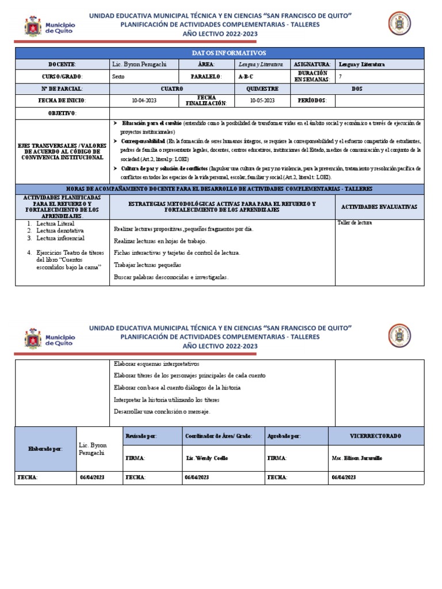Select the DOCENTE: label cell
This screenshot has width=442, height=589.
[x=62, y=64]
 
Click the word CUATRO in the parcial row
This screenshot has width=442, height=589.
[x=172, y=89]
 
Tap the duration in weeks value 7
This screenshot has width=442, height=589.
[x=340, y=77]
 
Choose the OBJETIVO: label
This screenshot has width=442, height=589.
[x=62, y=113]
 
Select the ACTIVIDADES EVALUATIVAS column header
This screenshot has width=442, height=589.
[x=379, y=206]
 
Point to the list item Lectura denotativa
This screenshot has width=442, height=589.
[x=60, y=230]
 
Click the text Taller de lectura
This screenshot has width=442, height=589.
[x=354, y=223]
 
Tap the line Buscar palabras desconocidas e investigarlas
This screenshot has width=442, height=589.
[x=171, y=277]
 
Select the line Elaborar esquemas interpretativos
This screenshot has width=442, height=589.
[x=157, y=364]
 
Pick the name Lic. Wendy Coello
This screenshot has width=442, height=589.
[x=207, y=458]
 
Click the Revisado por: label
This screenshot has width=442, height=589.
[x=141, y=437]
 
